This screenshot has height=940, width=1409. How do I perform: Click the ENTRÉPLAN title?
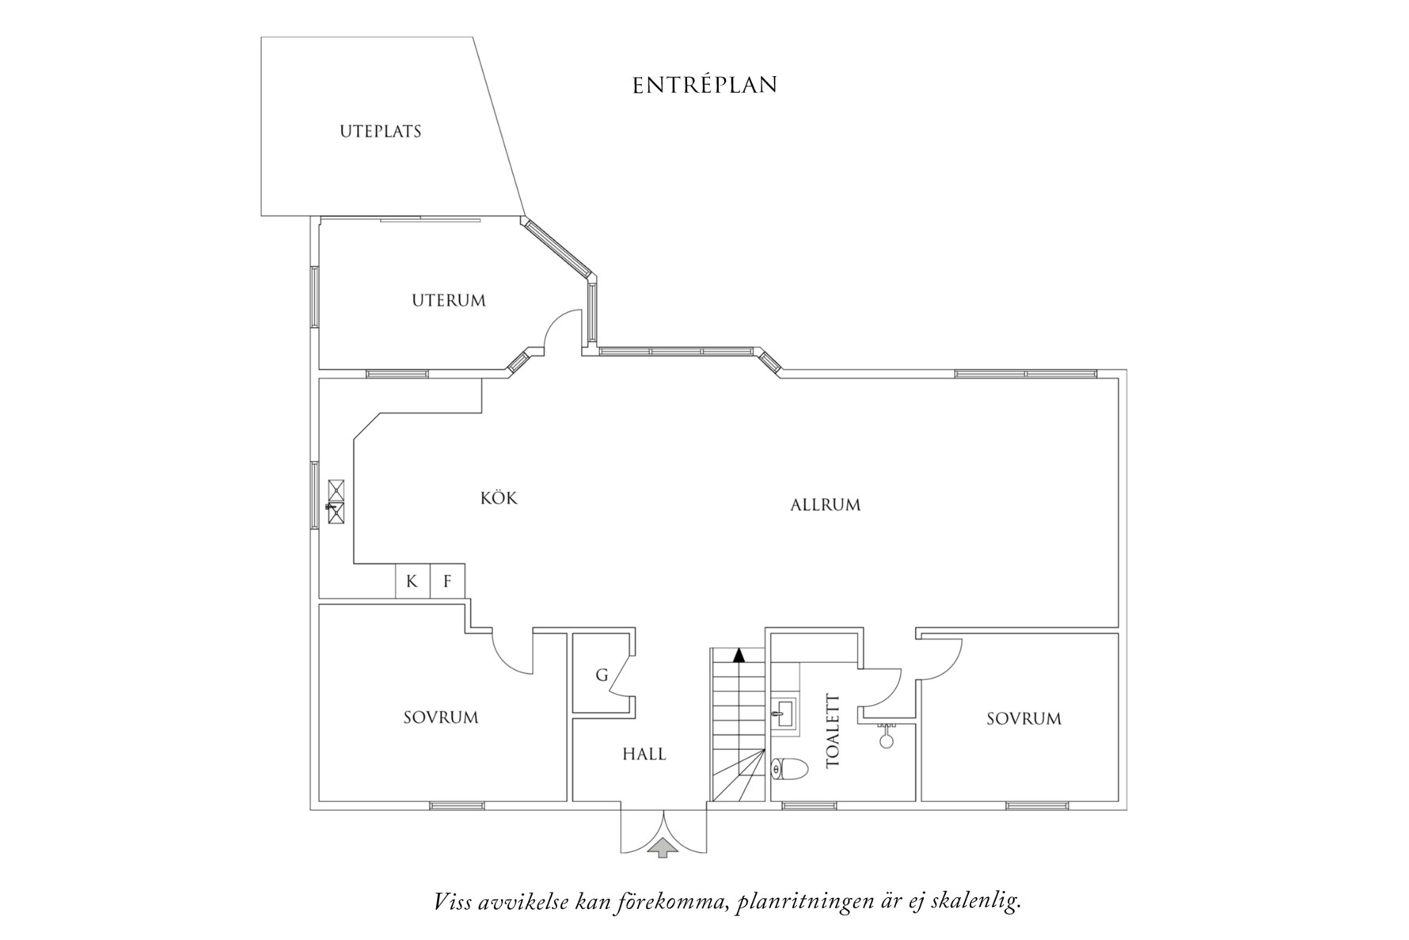pyautogui.click(x=704, y=85)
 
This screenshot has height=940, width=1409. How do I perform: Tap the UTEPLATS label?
pyautogui.click(x=381, y=131)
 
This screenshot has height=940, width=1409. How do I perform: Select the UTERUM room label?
pyautogui.click(x=449, y=301)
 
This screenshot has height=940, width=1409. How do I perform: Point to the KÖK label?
pyautogui.click(x=499, y=497)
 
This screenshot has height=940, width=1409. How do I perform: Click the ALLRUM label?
pyautogui.click(x=826, y=505)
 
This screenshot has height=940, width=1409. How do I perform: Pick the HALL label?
pyautogui.click(x=644, y=754)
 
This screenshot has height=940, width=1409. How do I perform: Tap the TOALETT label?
pyautogui.click(x=832, y=731)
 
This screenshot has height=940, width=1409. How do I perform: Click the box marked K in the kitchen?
pyautogui.click(x=412, y=581)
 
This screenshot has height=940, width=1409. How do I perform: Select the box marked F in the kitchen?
pyautogui.click(x=447, y=581)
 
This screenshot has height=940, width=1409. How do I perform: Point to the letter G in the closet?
pyautogui.click(x=602, y=676)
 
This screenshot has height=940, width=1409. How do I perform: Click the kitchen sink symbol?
pyautogui.click(x=336, y=502)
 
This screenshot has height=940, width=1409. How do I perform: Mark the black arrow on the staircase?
pyautogui.click(x=739, y=655)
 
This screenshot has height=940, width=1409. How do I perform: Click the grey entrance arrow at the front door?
pyautogui.click(x=663, y=849)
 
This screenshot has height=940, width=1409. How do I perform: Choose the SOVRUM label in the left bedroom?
pyautogui.click(x=441, y=718)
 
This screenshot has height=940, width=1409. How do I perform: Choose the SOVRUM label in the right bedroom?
pyautogui.click(x=1024, y=719)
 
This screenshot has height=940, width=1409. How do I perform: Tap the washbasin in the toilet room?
pyautogui.click(x=784, y=712)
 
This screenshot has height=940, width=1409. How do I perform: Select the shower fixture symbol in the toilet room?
pyautogui.click(x=886, y=736)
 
